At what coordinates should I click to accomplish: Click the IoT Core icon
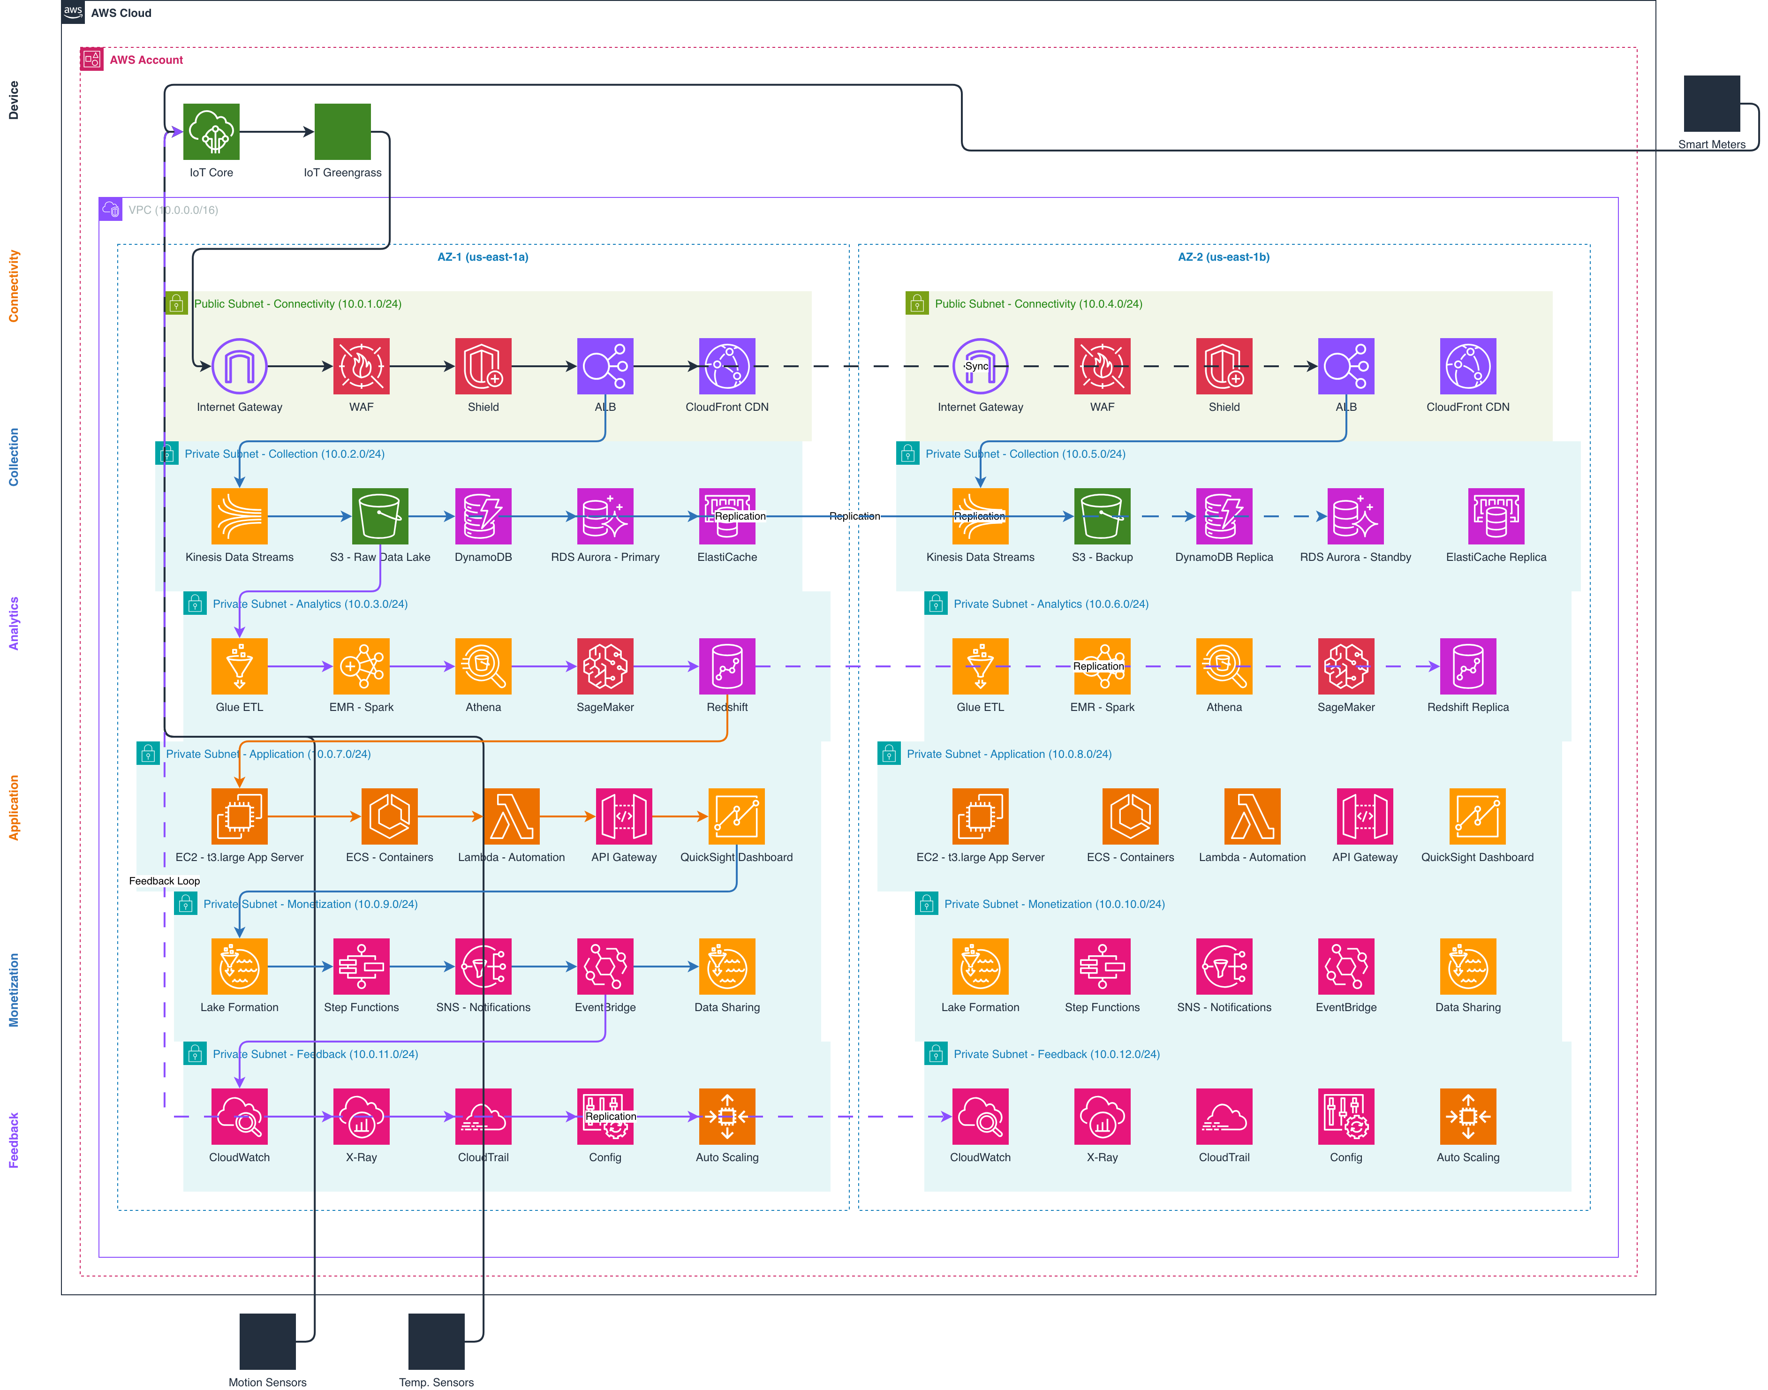pyautogui.click(x=212, y=132)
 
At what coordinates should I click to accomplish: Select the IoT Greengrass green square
pyautogui.click(x=342, y=132)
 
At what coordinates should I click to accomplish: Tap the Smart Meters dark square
pyautogui.click(x=1712, y=103)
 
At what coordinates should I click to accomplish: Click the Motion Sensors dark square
pyautogui.click(x=268, y=1341)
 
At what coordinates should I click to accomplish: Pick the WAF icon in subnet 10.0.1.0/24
pyautogui.click(x=361, y=366)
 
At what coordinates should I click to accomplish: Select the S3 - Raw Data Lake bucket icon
pyautogui.click(x=380, y=516)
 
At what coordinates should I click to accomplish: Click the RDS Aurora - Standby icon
pyautogui.click(x=1355, y=516)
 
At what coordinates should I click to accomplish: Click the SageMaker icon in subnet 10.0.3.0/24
pyautogui.click(x=605, y=666)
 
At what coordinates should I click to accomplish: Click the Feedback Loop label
pyautogui.click(x=164, y=881)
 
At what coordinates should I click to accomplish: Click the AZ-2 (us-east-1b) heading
pyautogui.click(x=1224, y=257)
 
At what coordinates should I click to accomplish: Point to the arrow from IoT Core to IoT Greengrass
pyautogui.click(x=277, y=132)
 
